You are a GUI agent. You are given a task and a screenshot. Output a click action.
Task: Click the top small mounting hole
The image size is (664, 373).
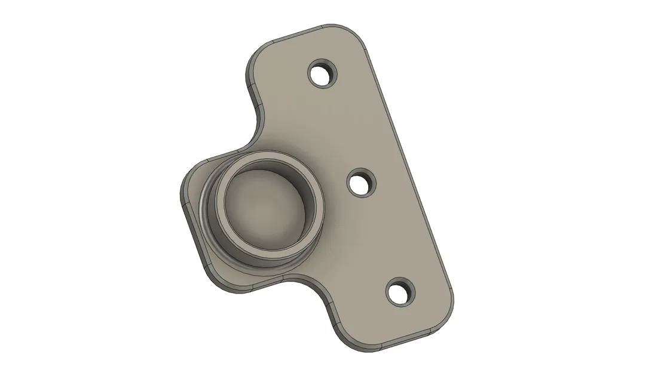(323, 74)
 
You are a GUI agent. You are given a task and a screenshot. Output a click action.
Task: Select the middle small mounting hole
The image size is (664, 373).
(362, 183)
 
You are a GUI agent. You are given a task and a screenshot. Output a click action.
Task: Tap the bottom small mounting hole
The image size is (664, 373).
(400, 294)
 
